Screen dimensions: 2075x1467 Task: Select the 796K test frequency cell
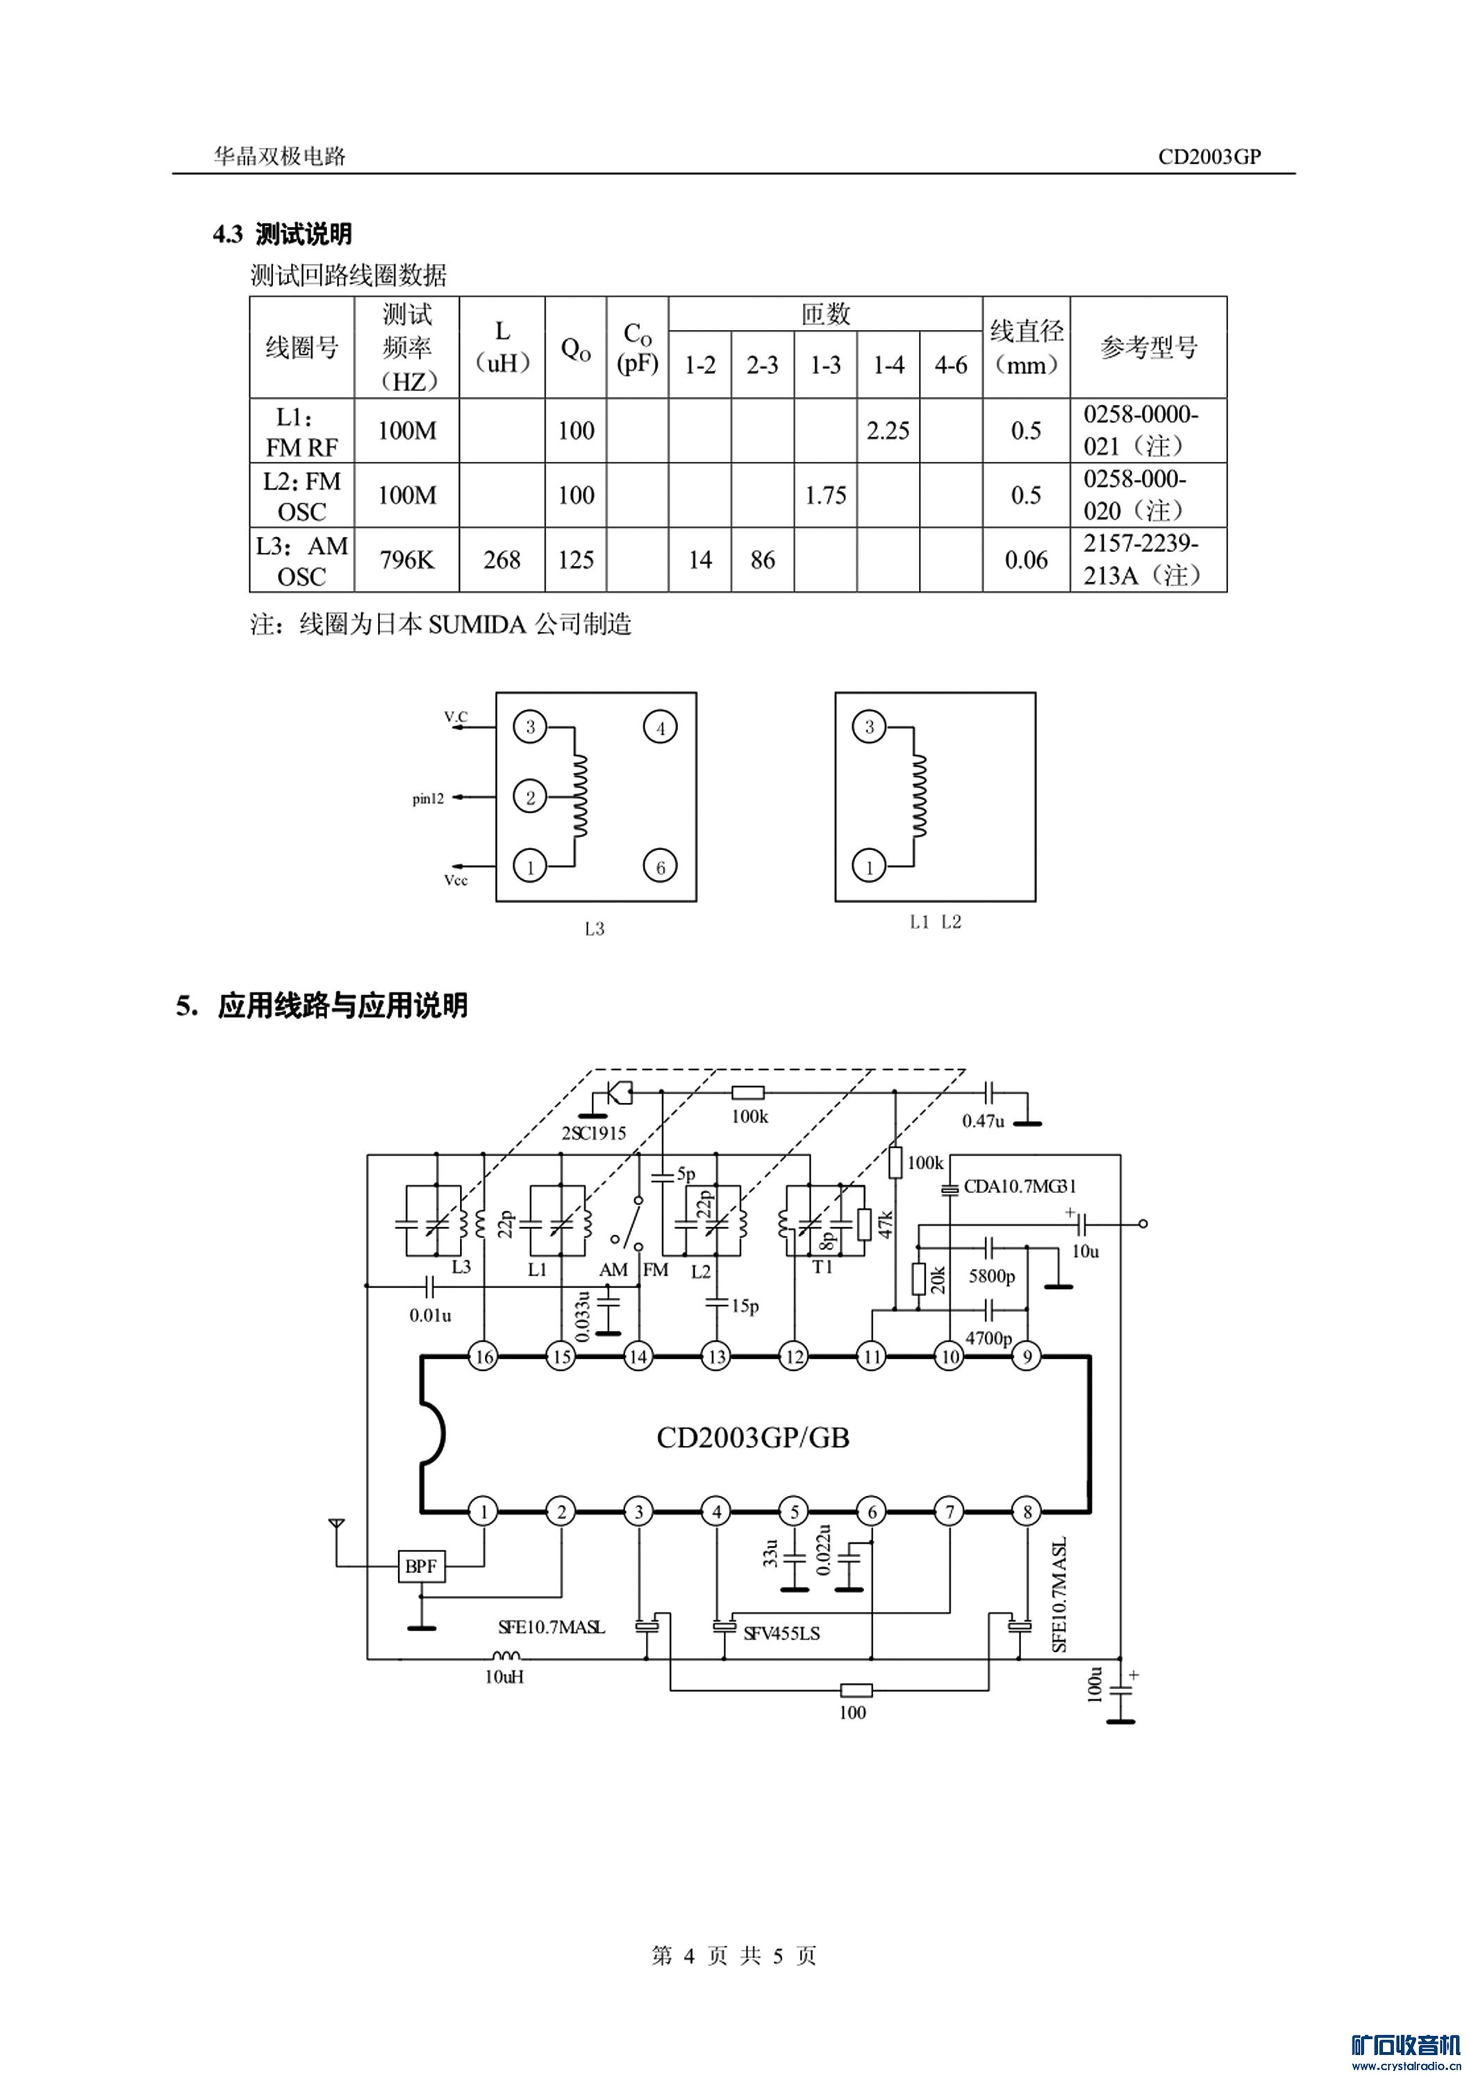click(x=407, y=560)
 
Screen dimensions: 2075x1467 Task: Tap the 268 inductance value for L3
click(x=502, y=560)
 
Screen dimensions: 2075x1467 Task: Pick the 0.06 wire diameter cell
click(x=1026, y=560)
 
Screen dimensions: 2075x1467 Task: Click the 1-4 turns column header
click(x=888, y=365)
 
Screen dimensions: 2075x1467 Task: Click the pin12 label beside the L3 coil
click(x=428, y=799)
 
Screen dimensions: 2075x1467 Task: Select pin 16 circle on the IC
click(x=483, y=1382)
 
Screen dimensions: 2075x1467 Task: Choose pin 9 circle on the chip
click(x=1027, y=1382)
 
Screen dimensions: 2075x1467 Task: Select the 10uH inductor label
click(x=504, y=1676)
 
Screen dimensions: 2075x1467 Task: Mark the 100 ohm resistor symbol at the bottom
click(x=855, y=1690)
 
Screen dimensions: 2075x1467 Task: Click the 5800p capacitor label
click(x=992, y=1276)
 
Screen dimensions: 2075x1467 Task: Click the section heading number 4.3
click(x=228, y=235)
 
